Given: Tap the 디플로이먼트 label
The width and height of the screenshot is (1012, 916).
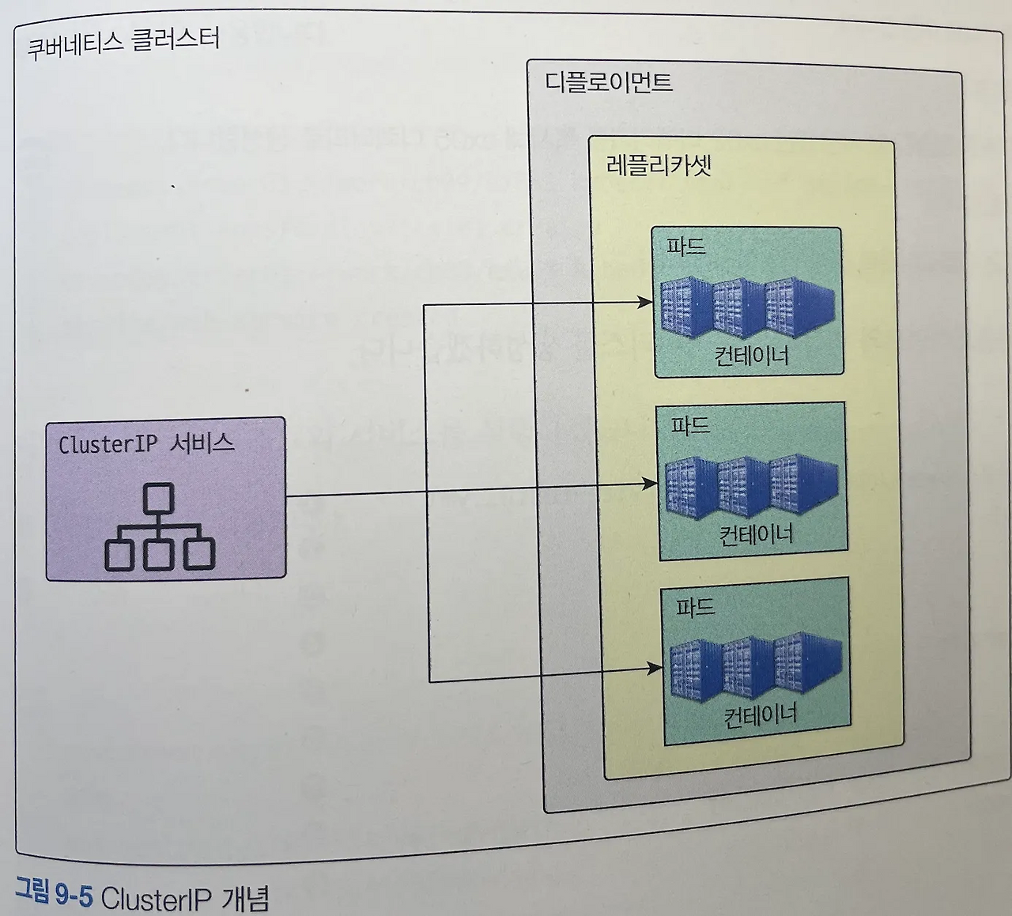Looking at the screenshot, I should click(x=608, y=82).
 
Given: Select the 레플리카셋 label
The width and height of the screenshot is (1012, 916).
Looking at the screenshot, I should click(x=659, y=165).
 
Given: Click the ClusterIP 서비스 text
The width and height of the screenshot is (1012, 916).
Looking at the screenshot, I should click(x=146, y=443).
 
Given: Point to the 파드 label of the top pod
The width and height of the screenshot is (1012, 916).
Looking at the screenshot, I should click(x=685, y=246).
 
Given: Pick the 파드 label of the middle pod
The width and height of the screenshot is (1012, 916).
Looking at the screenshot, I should click(x=690, y=426).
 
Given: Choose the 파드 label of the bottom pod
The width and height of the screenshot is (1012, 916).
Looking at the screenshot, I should click(x=695, y=607).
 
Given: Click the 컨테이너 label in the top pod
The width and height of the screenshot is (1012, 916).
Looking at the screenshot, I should click(x=751, y=356).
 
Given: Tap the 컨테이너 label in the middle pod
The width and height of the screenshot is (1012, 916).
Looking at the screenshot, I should click(x=755, y=535).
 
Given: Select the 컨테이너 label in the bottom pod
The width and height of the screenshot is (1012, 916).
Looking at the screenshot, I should click(x=760, y=716).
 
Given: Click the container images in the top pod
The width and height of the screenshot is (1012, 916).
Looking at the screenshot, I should click(x=747, y=307).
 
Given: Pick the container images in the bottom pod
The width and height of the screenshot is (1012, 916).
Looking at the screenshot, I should click(x=756, y=668).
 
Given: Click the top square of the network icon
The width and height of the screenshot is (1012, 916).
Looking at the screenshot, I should click(x=159, y=498).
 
